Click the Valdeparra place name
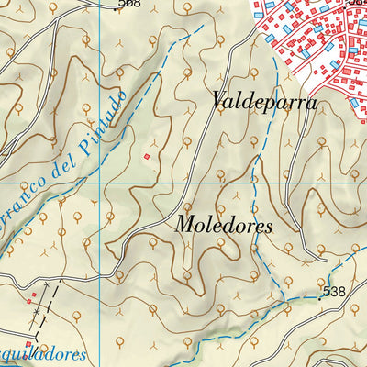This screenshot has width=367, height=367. coord(263,102)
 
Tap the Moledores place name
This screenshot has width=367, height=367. coord(224,225)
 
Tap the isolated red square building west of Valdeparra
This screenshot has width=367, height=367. coord(145,157)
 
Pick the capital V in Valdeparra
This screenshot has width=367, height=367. coord(218,101)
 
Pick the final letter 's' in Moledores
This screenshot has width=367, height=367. coord(268,226)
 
